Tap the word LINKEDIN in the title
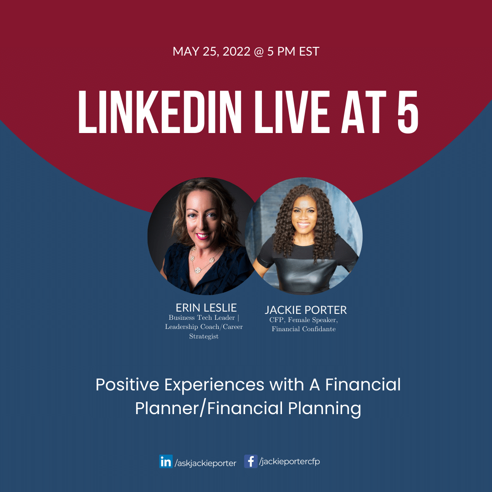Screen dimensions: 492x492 160,112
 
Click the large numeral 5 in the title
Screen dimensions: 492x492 408,112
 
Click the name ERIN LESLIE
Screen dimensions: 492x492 206,307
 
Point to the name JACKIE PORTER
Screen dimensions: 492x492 306,310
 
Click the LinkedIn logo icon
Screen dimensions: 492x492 166,461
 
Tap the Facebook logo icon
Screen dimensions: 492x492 251,461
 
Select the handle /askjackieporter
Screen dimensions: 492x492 205,463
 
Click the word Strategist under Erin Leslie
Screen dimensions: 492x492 204,336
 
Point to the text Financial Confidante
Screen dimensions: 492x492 304,329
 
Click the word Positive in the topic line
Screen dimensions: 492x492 127,384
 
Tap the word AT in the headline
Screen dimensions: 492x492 364,112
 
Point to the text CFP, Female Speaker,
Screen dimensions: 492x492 303,320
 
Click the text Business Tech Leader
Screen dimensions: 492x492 202,318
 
